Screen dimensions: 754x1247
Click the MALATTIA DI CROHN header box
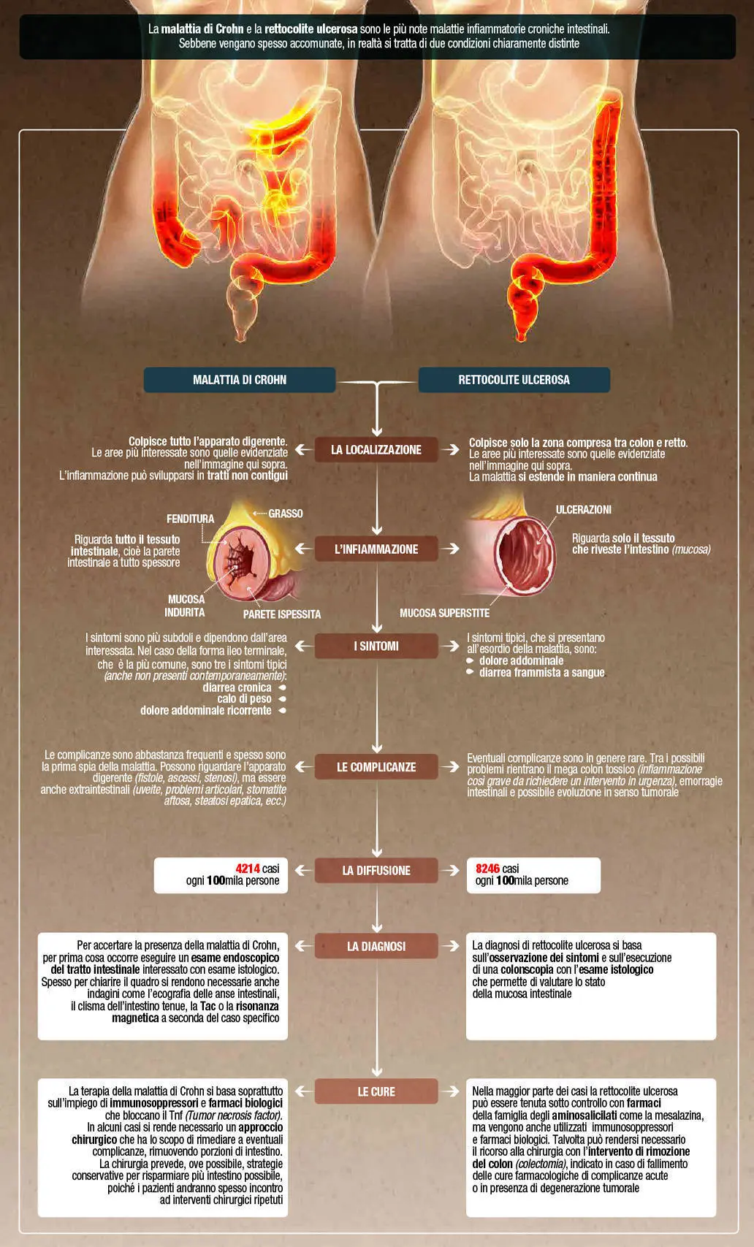[x=240, y=380]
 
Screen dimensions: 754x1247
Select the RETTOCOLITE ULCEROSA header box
[x=514, y=380]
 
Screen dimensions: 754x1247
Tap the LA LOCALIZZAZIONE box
[x=376, y=450]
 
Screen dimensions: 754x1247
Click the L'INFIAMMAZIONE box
[x=376, y=549]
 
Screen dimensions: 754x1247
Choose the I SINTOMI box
[x=376, y=646]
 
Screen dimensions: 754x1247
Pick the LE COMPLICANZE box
[x=376, y=766]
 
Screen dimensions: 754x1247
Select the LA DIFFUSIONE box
[x=376, y=870]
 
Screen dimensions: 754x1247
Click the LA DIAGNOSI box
[x=376, y=946]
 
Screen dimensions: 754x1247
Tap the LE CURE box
[x=376, y=1091]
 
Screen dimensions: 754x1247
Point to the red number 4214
[x=248, y=869]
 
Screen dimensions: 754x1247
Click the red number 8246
[x=488, y=869]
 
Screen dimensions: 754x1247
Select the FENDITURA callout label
[x=191, y=519]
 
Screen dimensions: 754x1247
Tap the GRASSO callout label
[x=286, y=514]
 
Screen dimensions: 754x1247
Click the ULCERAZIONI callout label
[x=584, y=509]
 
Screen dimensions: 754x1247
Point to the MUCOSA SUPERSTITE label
[x=444, y=613]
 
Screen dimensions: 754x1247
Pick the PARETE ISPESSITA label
[x=282, y=614]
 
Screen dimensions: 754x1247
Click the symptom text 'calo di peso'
[x=245, y=698]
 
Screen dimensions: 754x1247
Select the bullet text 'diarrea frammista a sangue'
[x=542, y=673]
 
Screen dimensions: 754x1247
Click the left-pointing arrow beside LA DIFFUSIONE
[x=302, y=870]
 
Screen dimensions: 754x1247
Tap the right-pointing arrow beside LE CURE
[x=451, y=1091]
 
